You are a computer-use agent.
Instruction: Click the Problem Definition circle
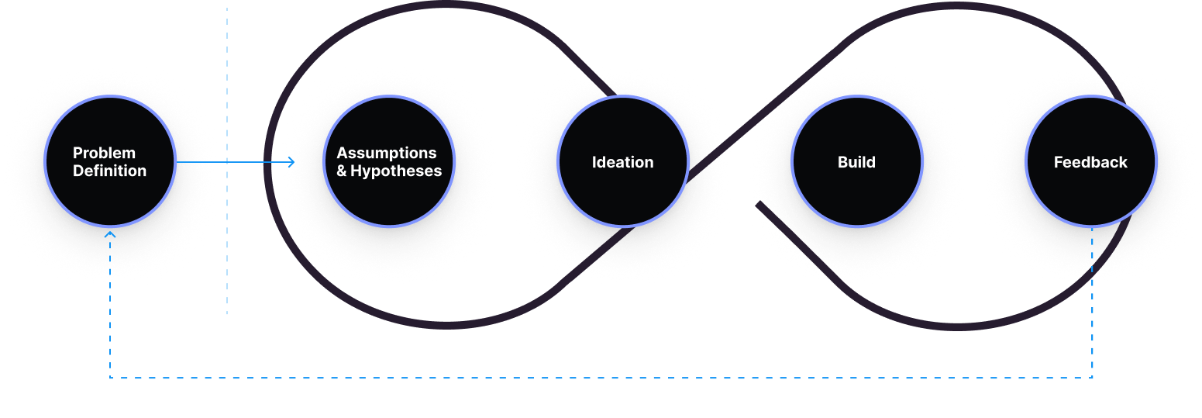pyautogui.click(x=110, y=161)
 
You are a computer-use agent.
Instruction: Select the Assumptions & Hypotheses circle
pyautogui.click(x=389, y=161)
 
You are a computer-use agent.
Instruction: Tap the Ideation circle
pyautogui.click(x=623, y=162)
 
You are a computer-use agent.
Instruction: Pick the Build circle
pyautogui.click(x=856, y=162)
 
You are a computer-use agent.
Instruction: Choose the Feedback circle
pyautogui.click(x=1090, y=162)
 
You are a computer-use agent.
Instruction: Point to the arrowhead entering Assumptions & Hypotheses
pyautogui.click(x=292, y=162)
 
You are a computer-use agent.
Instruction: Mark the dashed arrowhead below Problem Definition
pyautogui.click(x=110, y=233)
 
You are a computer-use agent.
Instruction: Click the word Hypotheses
pyautogui.click(x=396, y=171)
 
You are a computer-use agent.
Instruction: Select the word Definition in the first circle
pyautogui.click(x=110, y=171)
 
